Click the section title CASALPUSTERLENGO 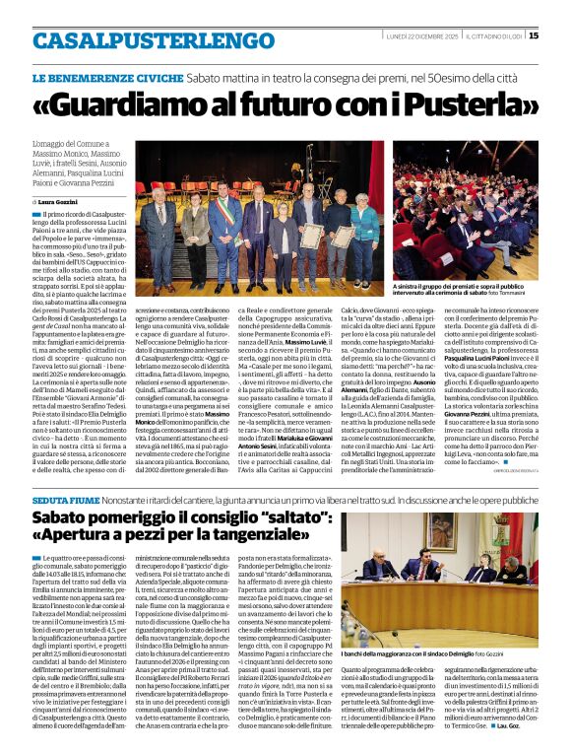tap(140, 41)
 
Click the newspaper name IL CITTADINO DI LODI tap(493, 36)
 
